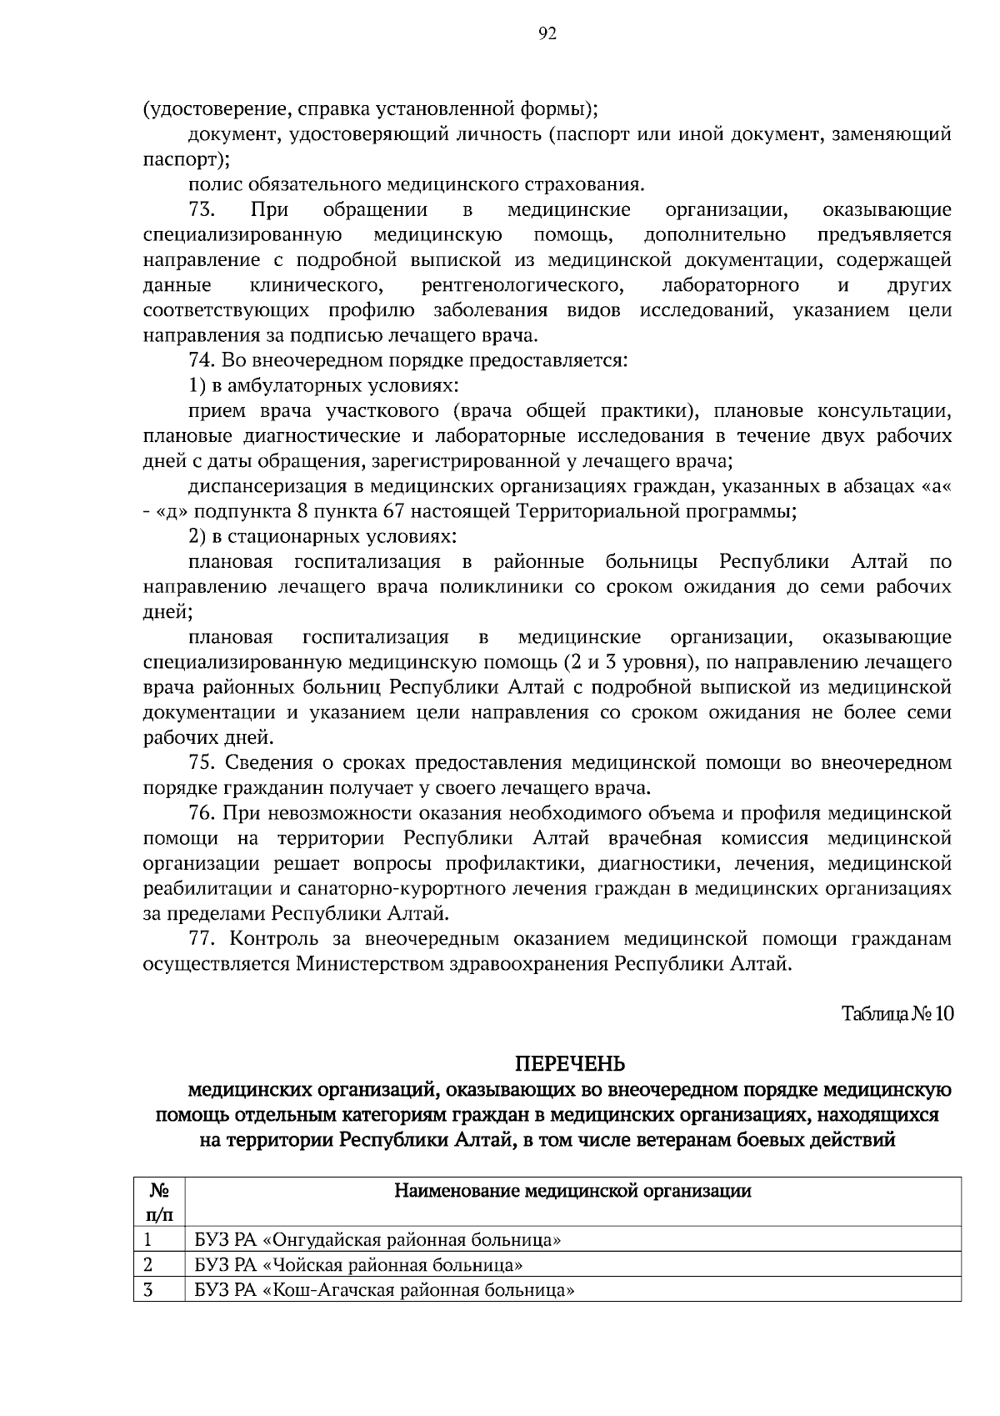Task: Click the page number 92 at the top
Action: (547, 33)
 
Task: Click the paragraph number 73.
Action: (202, 210)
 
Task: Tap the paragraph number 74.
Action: (202, 361)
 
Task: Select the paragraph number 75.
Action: (202, 763)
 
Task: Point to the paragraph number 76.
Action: (202, 813)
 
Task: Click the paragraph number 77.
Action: (202, 939)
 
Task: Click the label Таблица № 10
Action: (897, 1014)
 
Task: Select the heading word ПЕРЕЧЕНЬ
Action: (570, 1064)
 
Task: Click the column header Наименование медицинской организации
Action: (572, 1191)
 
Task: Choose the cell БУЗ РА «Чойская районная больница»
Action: (358, 1265)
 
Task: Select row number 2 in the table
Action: (149, 1265)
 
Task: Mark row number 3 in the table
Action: (149, 1290)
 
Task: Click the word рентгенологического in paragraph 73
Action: (522, 286)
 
